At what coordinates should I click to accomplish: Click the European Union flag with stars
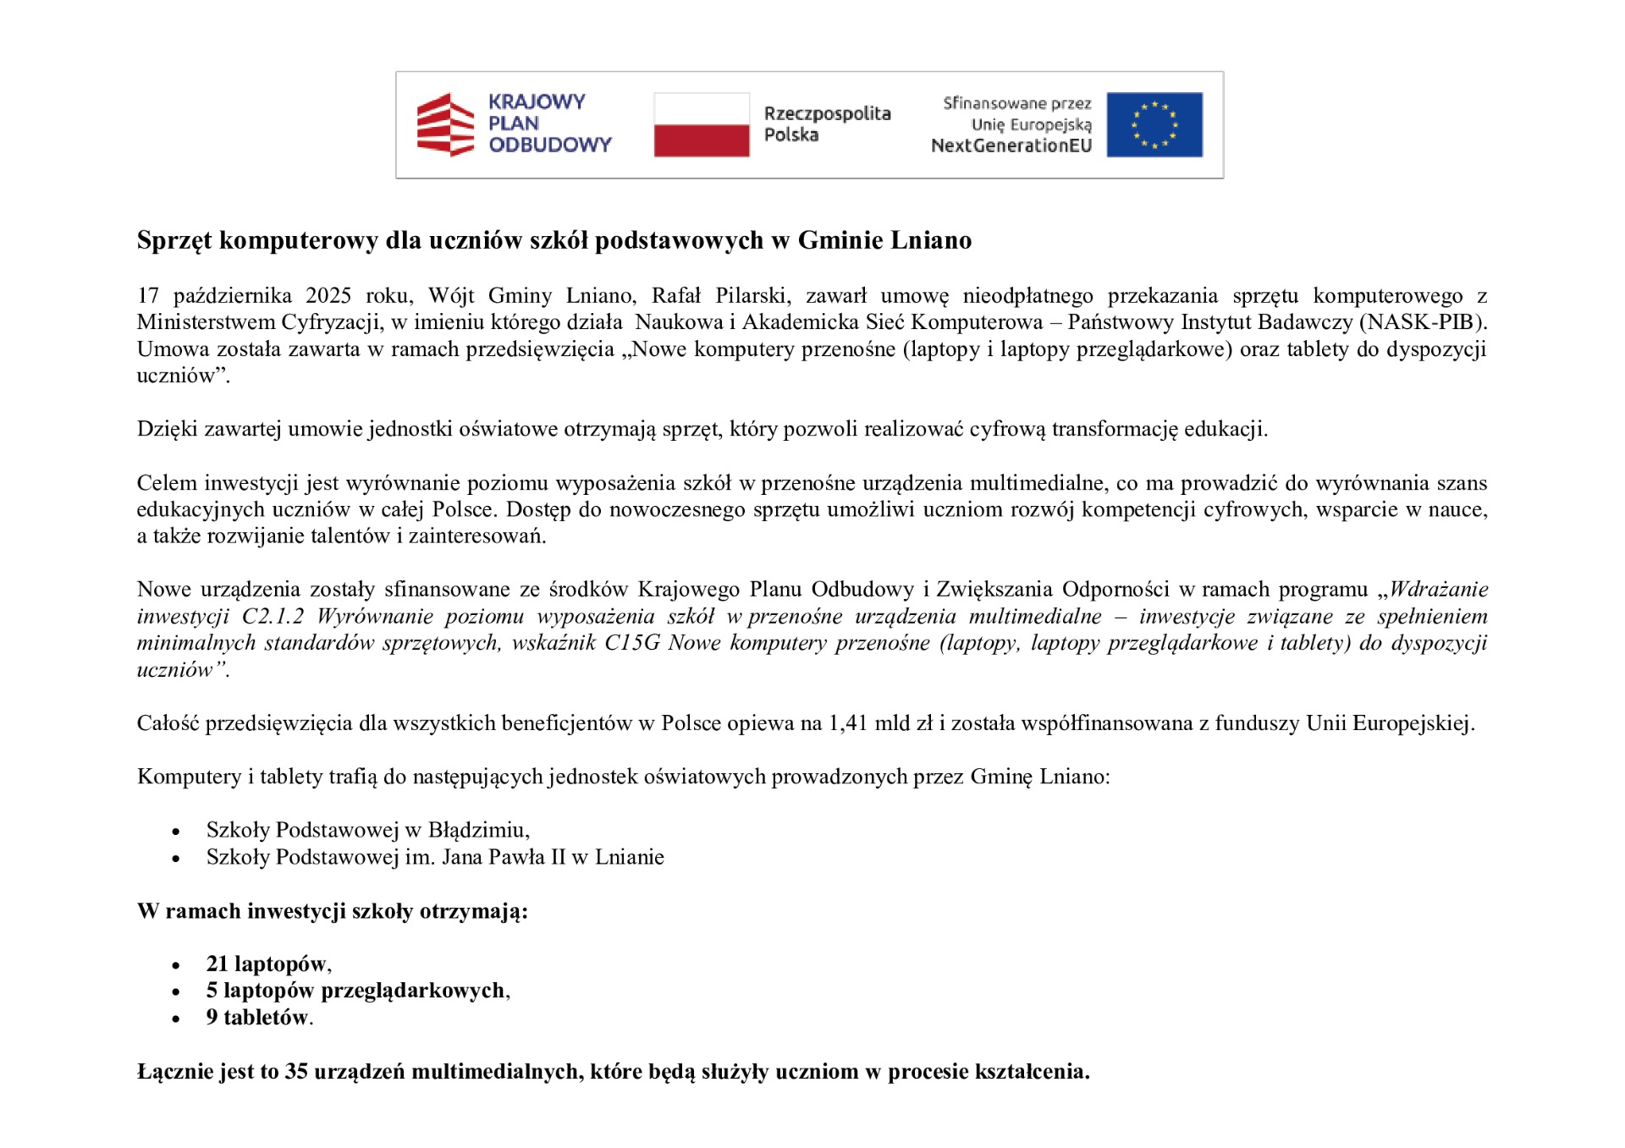click(1154, 124)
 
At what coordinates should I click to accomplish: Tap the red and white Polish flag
click(701, 124)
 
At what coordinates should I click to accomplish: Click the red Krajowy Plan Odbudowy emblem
click(445, 124)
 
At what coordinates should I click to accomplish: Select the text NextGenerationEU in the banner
click(1011, 146)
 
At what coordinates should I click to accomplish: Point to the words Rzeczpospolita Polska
click(826, 124)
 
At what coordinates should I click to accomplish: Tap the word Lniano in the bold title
click(931, 240)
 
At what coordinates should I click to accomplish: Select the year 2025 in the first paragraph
click(328, 295)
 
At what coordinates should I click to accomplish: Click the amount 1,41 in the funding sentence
click(847, 723)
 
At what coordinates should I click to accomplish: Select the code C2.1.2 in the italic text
click(273, 616)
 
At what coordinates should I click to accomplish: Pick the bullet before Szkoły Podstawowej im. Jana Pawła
click(176, 859)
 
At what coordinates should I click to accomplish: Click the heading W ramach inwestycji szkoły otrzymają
click(332, 911)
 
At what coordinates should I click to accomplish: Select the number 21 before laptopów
click(218, 964)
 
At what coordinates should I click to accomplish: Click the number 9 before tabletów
click(212, 1017)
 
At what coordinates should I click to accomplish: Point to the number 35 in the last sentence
click(296, 1072)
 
